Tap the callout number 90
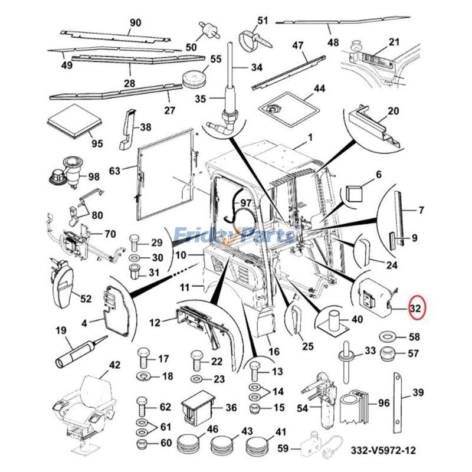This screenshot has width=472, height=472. [x=135, y=22]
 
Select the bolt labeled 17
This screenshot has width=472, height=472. [x=143, y=360]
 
